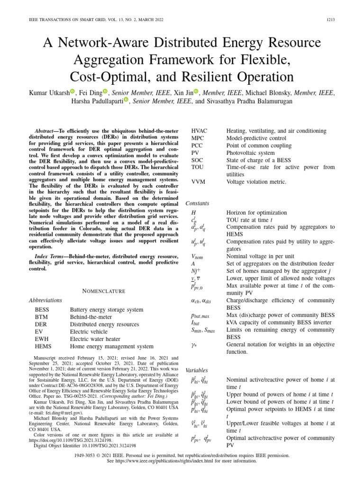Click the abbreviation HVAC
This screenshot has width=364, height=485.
pos(199,131)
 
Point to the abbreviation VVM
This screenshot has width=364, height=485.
pos(198,182)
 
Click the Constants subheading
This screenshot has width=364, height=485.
pos(198,203)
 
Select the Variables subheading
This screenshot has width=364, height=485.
pos(197,370)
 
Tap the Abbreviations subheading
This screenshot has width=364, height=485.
pos(45,300)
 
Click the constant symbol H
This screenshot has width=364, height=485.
pos(193,213)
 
